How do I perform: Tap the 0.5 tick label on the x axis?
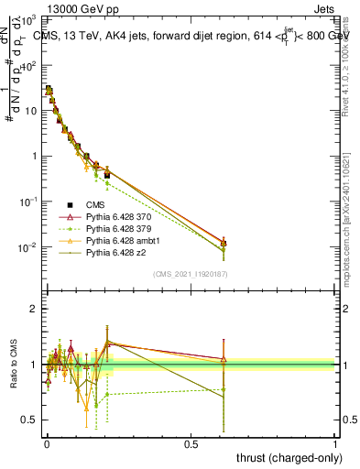pos(191,442)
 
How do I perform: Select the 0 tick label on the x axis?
pos(47,442)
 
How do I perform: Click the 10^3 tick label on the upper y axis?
pos(29,21)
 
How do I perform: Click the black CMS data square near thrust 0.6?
pos(224,244)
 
